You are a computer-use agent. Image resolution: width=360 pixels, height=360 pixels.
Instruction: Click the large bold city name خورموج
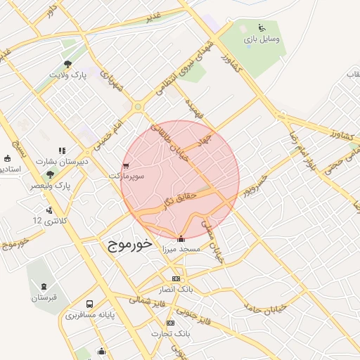pos(131,244)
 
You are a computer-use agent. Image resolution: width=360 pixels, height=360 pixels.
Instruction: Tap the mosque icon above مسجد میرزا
pos(181,238)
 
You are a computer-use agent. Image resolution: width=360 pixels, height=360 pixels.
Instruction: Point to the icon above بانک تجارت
pos(176,320)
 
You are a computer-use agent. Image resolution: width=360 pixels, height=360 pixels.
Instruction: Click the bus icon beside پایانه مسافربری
pos(89,304)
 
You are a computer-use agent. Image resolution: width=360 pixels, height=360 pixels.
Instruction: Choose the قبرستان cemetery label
pos(47,297)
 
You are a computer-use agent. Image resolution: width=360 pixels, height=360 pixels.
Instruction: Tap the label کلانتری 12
pos(47,221)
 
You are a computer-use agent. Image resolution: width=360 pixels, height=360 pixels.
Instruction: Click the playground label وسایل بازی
pos(263,39)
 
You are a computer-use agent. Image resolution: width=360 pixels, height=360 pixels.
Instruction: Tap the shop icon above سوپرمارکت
pos(127,166)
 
